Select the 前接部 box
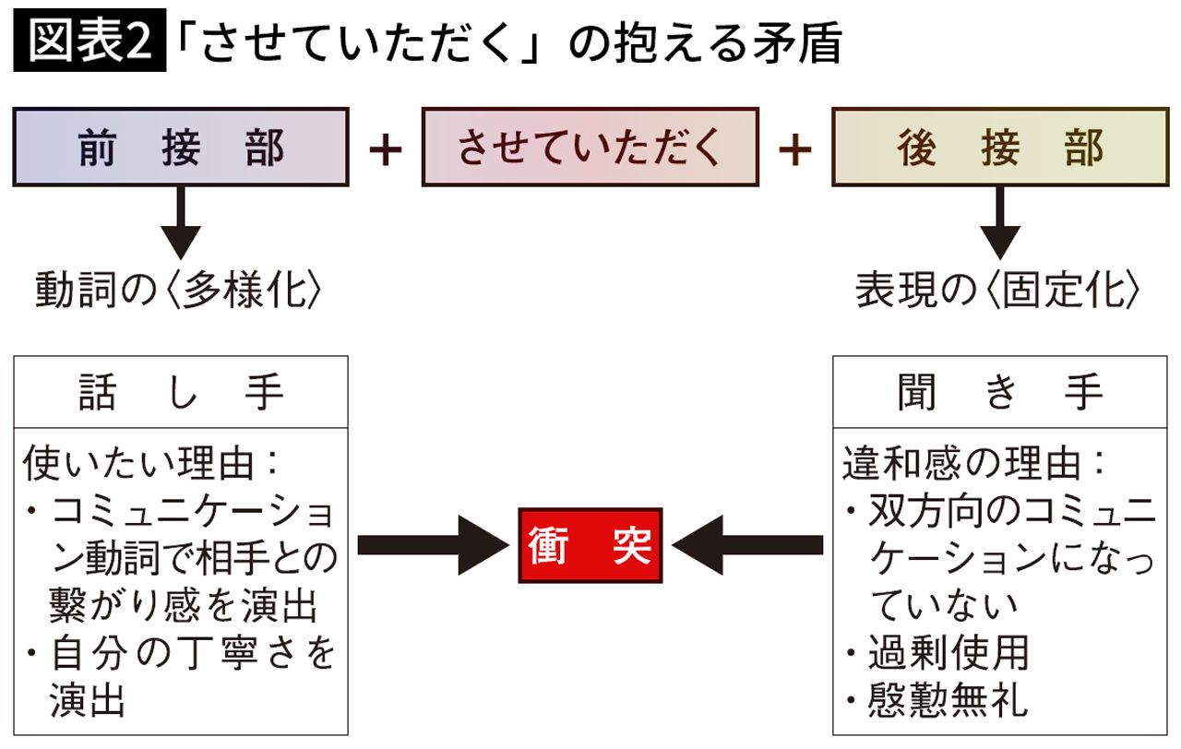(181, 148)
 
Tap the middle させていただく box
(590, 148)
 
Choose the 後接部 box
(999, 148)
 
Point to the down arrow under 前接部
(181, 222)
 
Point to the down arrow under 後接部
(999, 222)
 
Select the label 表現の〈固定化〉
(998, 291)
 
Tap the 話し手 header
(181, 393)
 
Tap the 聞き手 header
(999, 393)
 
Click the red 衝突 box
(590, 545)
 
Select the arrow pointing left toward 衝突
(748, 545)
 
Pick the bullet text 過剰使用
(948, 654)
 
